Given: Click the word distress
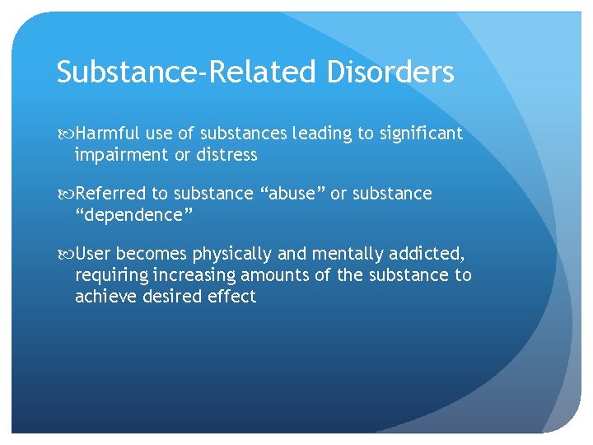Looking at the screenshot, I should tap(226, 155).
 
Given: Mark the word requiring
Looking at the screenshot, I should tap(110, 275).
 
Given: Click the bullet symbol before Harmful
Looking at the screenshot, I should tap(65, 134).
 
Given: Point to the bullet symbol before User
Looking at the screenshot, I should tap(65, 255).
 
